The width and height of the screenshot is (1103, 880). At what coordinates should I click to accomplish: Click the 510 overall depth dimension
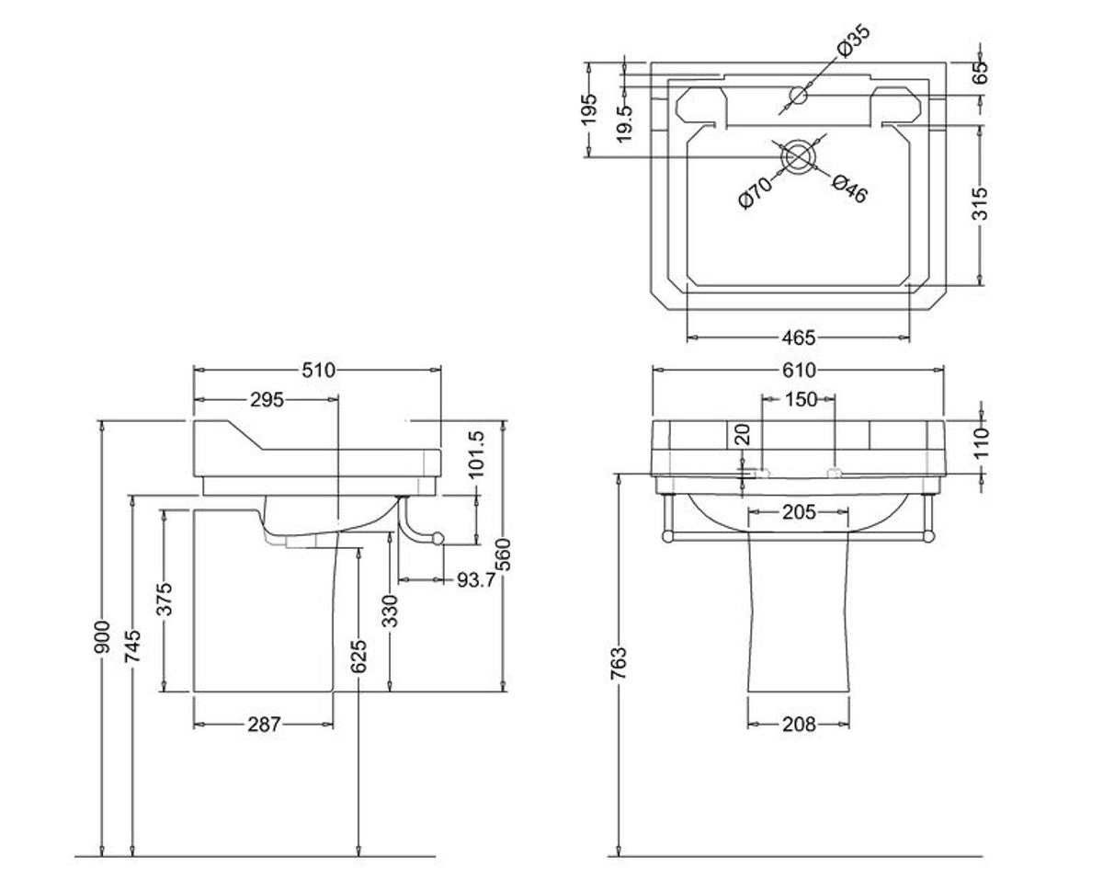pyautogui.click(x=316, y=371)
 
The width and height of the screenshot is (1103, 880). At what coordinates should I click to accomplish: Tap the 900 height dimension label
pyautogui.click(x=102, y=637)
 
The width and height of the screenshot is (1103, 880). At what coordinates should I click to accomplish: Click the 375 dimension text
pyautogui.click(x=163, y=600)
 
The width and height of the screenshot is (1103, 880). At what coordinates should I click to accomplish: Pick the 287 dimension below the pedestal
pyautogui.click(x=264, y=725)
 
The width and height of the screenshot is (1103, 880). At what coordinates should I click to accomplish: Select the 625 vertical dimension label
pyautogui.click(x=358, y=655)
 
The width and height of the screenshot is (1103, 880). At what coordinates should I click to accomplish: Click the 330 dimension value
pyautogui.click(x=390, y=611)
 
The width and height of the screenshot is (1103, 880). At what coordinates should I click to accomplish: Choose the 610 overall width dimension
pyautogui.click(x=799, y=371)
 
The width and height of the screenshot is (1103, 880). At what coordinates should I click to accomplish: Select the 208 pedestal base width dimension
pyautogui.click(x=799, y=725)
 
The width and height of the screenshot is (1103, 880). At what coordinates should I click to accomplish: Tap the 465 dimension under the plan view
pyautogui.click(x=799, y=338)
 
